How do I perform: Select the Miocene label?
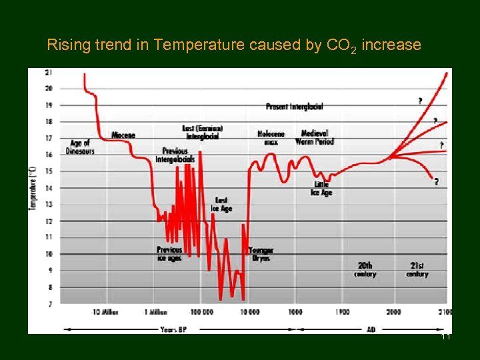(x=123, y=135)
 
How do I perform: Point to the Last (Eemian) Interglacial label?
(x=202, y=132)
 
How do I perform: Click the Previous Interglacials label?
(x=175, y=155)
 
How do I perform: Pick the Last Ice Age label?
(x=221, y=205)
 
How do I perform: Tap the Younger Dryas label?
(x=261, y=254)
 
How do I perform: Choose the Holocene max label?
(x=271, y=137)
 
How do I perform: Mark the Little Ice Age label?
(x=321, y=189)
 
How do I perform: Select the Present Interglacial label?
(x=294, y=107)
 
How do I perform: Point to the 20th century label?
(x=365, y=269)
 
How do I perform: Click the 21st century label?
(x=417, y=269)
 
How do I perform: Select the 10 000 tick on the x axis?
(x=249, y=312)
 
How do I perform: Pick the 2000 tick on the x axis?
(x=393, y=312)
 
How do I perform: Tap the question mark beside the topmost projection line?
(x=420, y=101)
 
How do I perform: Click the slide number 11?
(x=446, y=337)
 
